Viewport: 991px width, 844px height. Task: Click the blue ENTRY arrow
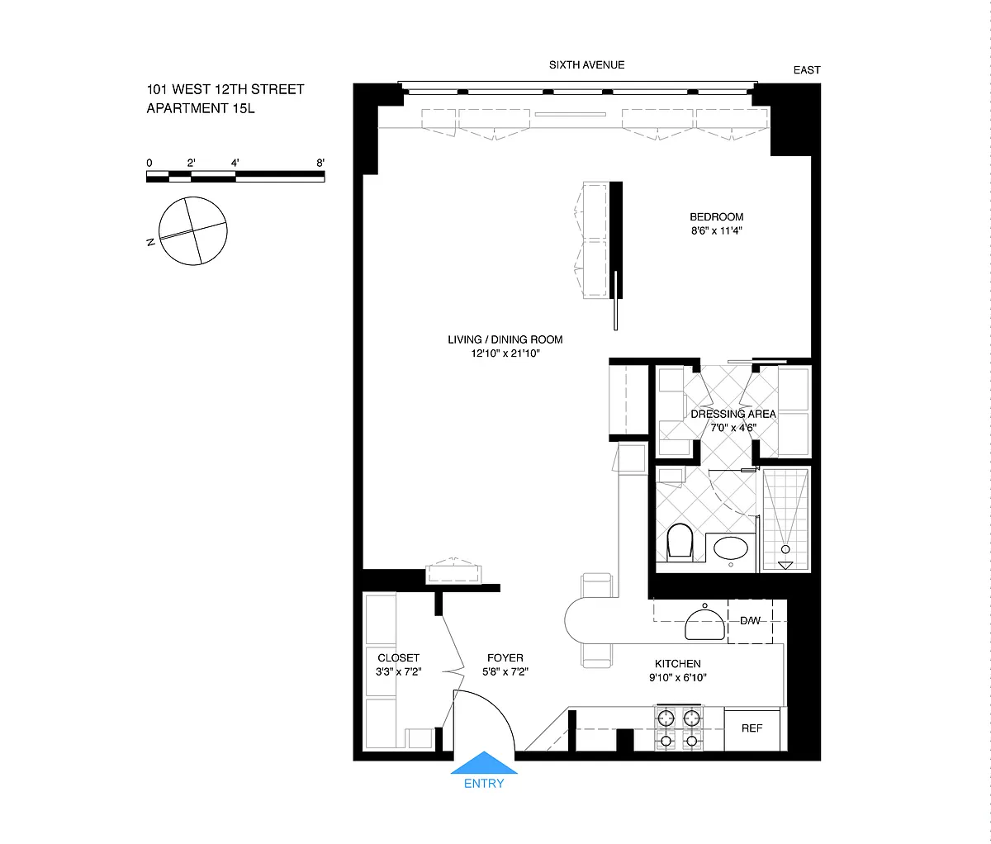[484, 762]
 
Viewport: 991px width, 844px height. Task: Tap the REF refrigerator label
[752, 728]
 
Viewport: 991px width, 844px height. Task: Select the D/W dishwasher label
[751, 621]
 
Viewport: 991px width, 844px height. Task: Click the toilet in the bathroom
[680, 542]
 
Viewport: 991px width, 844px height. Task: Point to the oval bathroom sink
[731, 548]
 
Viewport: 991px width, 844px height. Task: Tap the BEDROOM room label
[716, 216]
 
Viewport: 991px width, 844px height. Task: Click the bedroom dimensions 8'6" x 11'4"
[716, 230]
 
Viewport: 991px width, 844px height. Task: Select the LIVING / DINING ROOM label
[505, 339]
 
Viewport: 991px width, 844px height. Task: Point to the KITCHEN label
[678, 664]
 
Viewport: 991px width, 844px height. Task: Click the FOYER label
[505, 658]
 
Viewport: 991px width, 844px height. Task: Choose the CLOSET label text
[398, 658]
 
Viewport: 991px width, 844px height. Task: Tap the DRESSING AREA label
[733, 414]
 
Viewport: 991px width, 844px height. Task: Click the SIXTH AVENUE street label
[587, 64]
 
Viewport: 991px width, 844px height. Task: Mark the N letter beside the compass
[150, 243]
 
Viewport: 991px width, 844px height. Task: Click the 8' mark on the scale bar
[320, 163]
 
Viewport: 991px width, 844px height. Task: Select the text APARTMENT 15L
[201, 108]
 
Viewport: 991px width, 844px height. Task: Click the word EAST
[807, 70]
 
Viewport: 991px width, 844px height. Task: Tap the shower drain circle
[785, 549]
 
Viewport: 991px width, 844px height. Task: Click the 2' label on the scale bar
[192, 163]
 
